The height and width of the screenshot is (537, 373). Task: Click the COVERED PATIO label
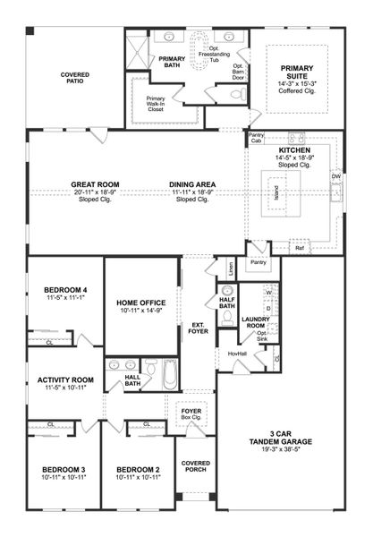[x=75, y=78]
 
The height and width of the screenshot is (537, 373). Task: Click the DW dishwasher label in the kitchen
[x=336, y=176]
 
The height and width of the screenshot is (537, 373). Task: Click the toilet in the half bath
[x=228, y=314]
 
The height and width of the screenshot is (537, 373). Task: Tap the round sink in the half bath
[x=227, y=292]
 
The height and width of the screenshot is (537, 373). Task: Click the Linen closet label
[x=230, y=267]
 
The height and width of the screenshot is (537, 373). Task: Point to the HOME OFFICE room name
[x=141, y=303]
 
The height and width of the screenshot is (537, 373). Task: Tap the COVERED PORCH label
[x=195, y=466]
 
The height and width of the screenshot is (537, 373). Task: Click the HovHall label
[x=238, y=354]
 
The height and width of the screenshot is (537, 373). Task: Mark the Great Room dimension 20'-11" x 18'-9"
[x=95, y=192]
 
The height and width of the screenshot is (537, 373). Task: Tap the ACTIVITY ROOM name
[x=65, y=379]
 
